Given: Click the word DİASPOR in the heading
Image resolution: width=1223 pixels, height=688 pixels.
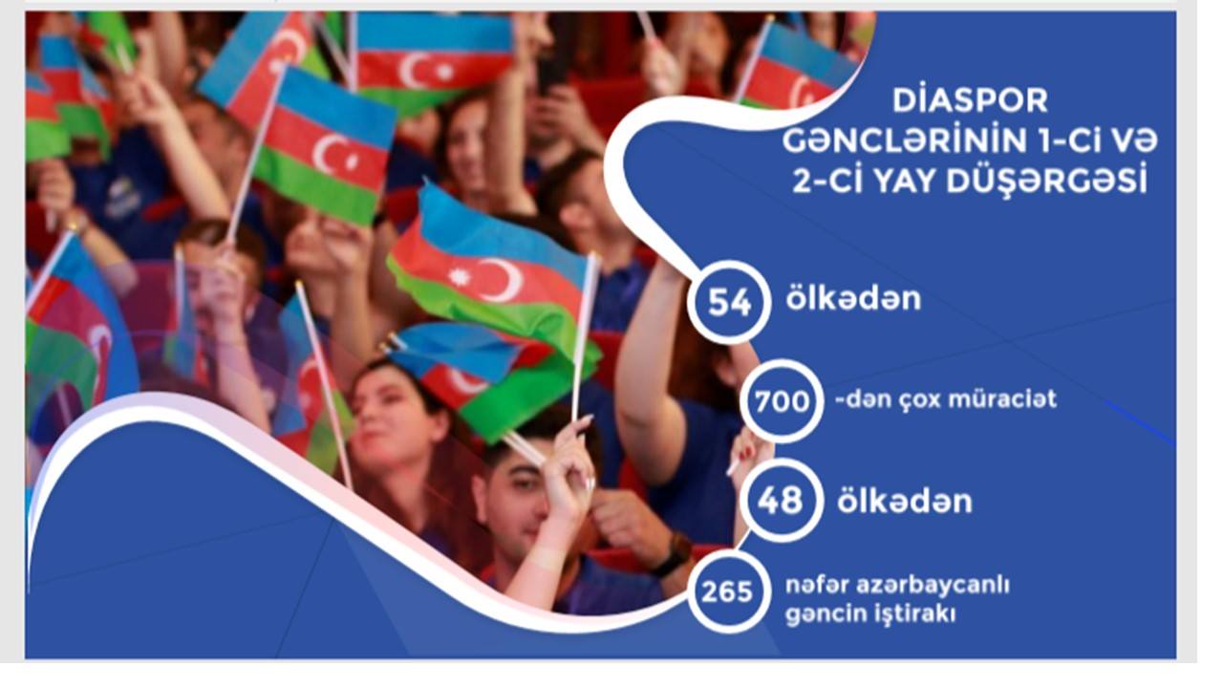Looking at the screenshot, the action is pos(970,100).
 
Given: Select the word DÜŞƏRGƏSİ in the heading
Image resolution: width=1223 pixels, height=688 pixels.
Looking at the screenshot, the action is pos(1046,182).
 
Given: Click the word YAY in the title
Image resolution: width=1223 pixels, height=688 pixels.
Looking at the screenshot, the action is pos(903,182).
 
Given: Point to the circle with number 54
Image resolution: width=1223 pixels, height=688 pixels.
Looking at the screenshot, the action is pos(729,302).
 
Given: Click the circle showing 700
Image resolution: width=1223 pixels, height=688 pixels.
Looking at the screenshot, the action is pos(782,400).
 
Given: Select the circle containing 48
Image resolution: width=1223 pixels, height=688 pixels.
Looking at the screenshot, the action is pos(781,500).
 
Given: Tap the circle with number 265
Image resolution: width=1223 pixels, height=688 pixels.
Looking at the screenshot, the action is pos(728,591).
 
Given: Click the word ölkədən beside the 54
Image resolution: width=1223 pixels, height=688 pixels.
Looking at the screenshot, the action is pos(853,299).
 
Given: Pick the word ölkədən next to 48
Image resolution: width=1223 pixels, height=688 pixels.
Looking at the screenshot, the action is pos(905,502).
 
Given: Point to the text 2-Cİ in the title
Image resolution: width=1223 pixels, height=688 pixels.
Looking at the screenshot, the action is pos(827,182).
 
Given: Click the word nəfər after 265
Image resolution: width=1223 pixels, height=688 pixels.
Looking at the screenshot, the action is pos(817,586).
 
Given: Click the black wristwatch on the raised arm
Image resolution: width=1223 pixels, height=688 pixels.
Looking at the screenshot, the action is pos(675,555).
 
